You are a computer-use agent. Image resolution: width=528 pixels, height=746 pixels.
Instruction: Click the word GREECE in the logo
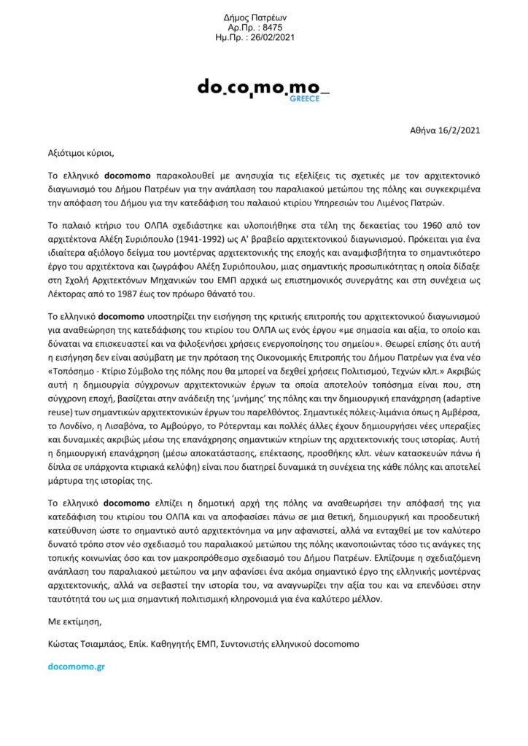305,98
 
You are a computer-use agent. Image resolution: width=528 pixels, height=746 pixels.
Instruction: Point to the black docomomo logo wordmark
263,87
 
